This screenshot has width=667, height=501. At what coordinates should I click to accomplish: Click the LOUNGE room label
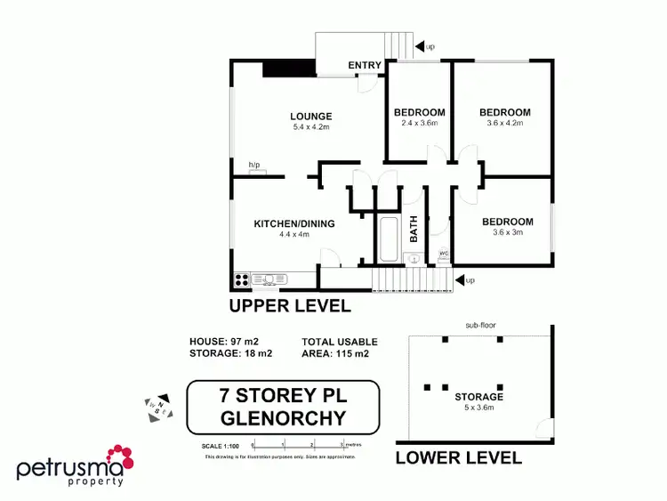point(310,116)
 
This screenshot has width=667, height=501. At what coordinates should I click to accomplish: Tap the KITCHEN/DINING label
point(293,223)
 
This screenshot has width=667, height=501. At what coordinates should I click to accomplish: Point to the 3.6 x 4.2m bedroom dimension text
point(504,124)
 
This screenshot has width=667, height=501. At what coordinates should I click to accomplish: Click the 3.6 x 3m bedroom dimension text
point(507,233)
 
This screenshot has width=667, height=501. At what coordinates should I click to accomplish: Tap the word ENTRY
point(365,65)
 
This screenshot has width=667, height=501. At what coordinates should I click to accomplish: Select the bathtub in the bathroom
point(389,238)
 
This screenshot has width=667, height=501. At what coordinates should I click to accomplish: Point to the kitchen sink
point(270,279)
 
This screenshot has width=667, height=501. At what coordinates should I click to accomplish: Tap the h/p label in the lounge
point(254,165)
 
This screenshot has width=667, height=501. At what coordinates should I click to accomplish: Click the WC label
point(443,253)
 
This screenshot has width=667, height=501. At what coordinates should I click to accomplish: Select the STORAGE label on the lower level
point(478,397)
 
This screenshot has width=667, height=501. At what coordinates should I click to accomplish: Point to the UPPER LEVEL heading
point(290,306)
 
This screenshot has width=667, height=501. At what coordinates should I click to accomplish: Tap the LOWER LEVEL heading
point(458,457)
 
